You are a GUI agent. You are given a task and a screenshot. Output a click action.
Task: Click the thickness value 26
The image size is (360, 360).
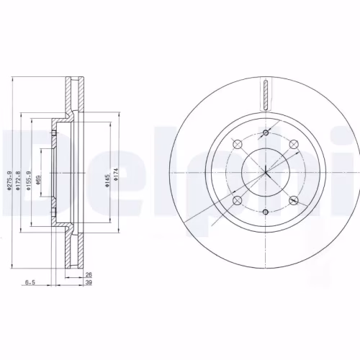point(89,274)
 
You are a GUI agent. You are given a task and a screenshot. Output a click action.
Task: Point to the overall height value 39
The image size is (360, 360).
point(89,283)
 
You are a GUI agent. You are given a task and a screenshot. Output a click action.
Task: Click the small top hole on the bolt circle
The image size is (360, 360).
point(265,133)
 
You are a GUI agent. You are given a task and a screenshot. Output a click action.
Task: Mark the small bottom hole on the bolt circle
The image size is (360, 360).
point(265,212)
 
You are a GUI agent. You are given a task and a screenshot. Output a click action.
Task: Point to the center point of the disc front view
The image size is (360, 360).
point(265,173)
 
